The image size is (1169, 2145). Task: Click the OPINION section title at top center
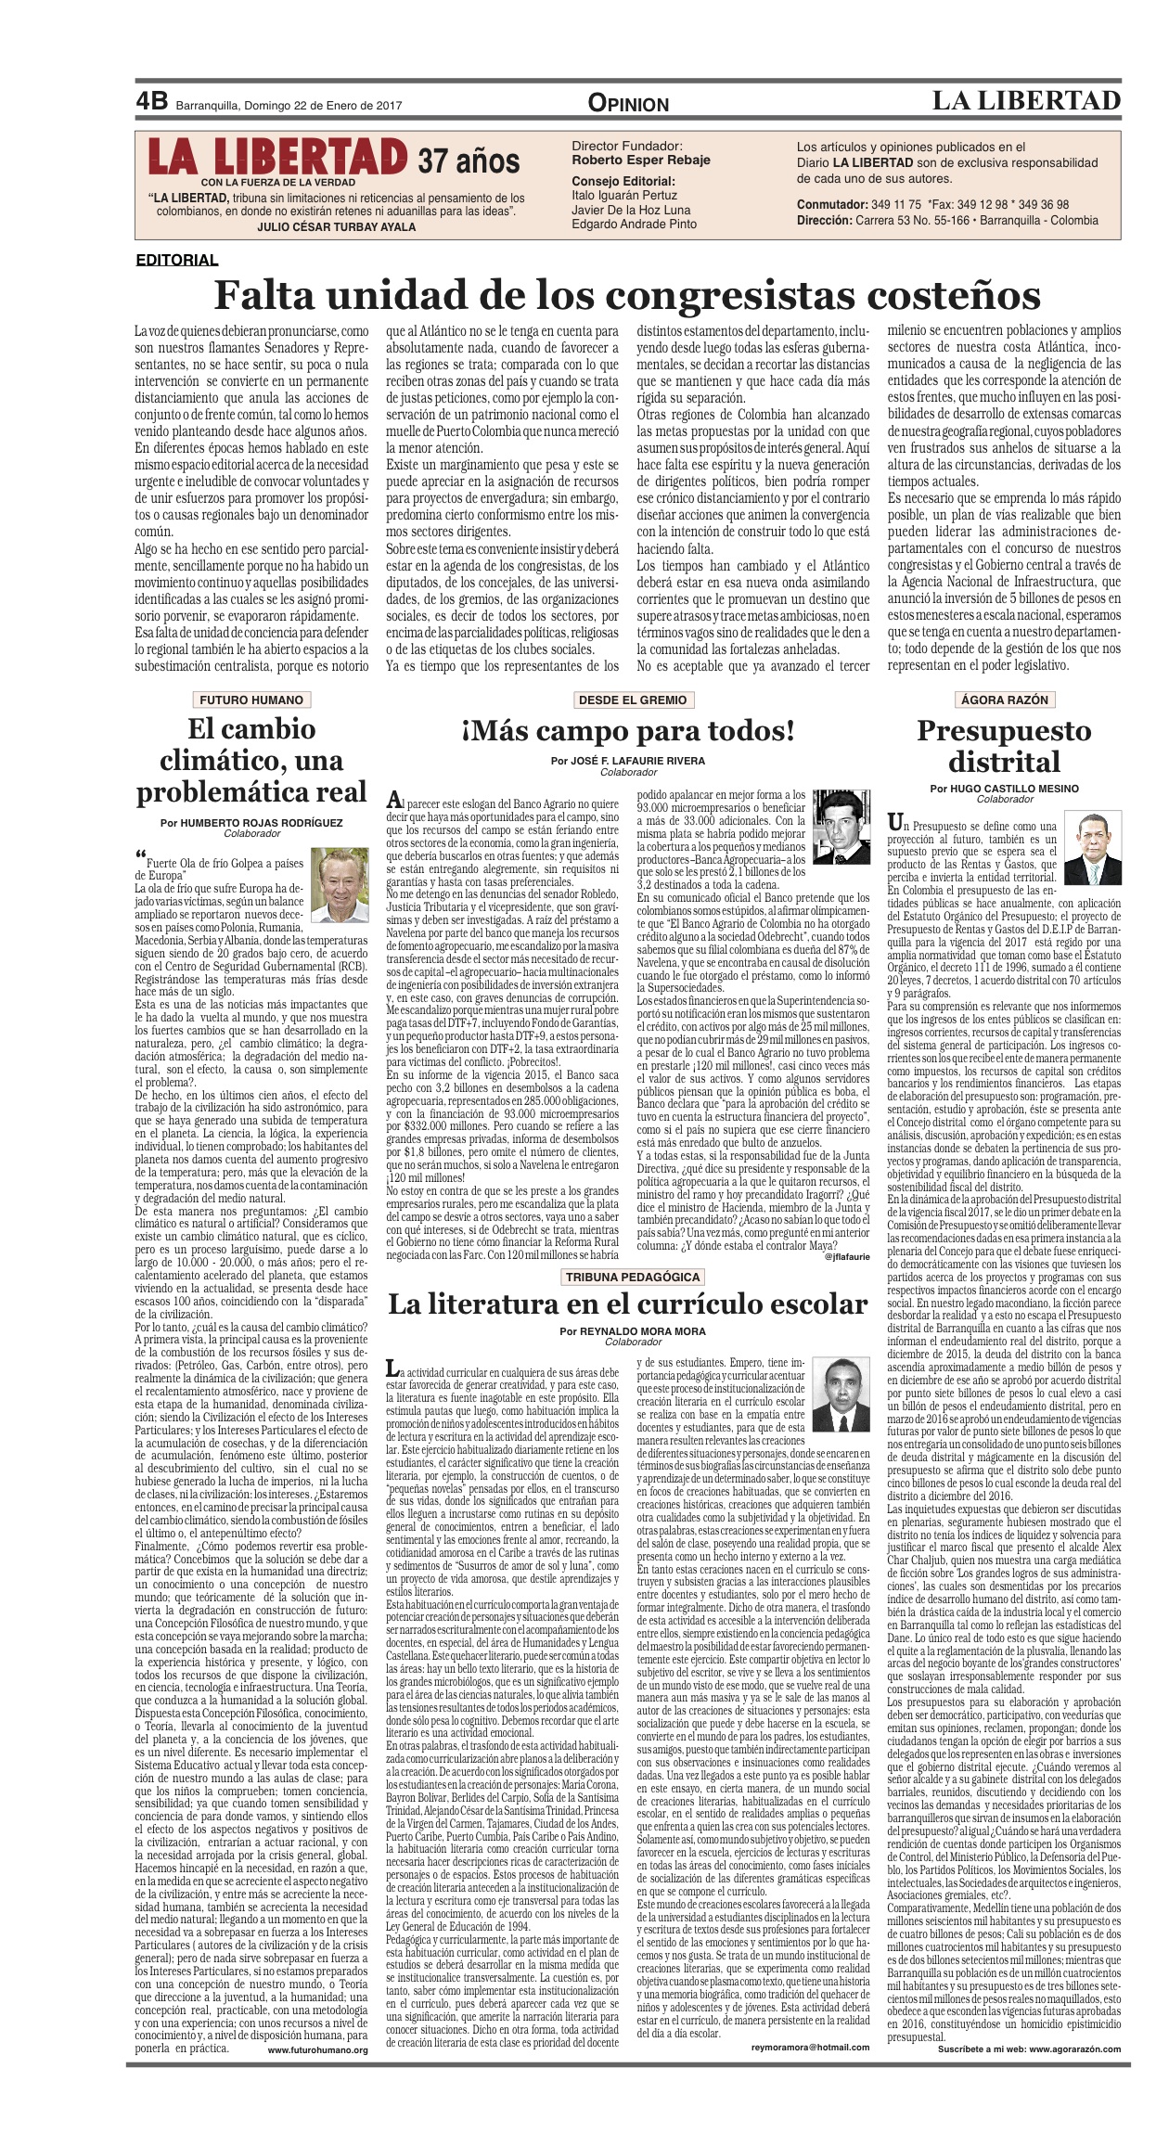point(628,104)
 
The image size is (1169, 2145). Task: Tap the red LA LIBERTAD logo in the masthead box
point(277,157)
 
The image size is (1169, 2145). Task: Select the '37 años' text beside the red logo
point(468,161)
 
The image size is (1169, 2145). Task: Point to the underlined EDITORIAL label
point(176,261)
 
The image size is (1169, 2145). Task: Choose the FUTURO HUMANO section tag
point(251,700)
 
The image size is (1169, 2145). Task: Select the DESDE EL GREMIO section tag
point(632,700)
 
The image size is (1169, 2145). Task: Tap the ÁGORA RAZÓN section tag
point(1004,700)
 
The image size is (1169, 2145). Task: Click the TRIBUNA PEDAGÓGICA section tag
point(633,1277)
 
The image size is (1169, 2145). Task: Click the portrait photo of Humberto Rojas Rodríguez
point(340,885)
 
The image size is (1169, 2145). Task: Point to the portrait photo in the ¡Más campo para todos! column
point(841,823)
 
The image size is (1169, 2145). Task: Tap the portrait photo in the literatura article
point(842,1390)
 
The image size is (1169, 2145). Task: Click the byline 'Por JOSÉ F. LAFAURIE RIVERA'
point(627,761)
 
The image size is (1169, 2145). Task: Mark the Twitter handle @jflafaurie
point(846,1257)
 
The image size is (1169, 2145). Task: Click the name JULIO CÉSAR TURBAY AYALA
point(336,227)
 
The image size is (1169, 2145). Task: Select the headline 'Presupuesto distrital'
point(1004,746)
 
